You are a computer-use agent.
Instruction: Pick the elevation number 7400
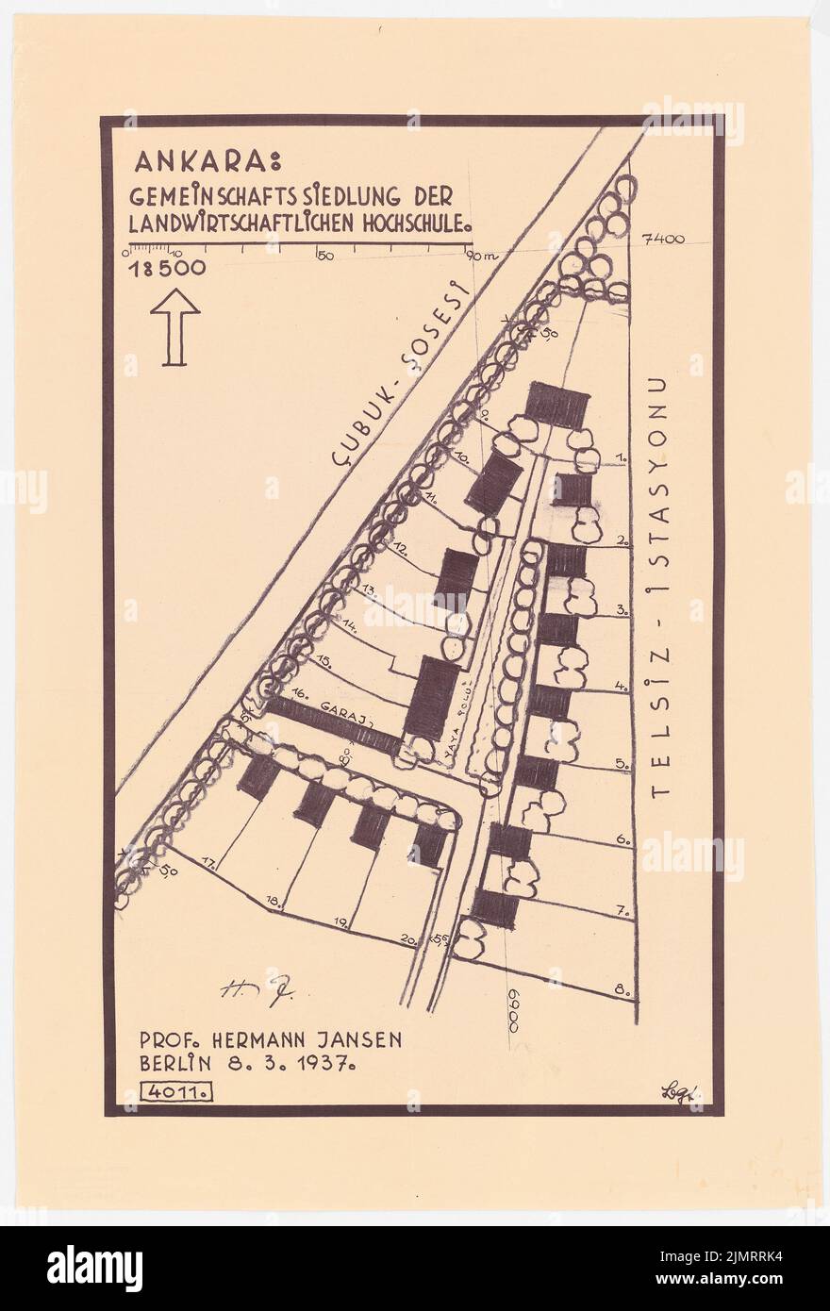(x=662, y=240)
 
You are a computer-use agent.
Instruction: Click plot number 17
(x=208, y=861)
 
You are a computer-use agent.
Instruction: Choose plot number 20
(x=408, y=938)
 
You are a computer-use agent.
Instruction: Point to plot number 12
(x=400, y=547)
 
